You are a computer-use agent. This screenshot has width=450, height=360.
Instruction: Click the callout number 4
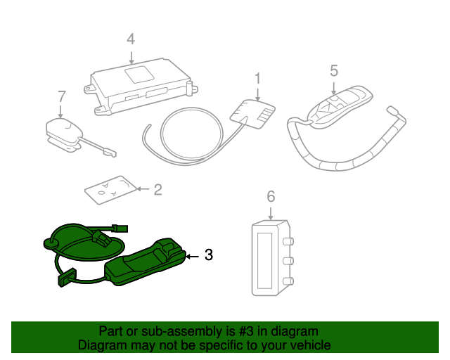131,39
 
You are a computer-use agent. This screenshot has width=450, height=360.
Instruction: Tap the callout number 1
258,78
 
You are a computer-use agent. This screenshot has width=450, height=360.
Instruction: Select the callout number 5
334,70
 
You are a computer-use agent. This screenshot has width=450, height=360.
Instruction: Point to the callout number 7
62,96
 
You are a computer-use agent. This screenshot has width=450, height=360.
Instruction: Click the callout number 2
157,190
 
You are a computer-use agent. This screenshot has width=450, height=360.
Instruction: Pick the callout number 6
271,197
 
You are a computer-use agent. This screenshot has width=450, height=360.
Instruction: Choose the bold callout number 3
209,255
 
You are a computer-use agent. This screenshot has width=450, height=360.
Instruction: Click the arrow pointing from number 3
193,257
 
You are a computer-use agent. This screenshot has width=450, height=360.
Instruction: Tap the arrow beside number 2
143,188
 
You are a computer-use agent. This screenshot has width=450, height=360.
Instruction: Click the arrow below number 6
271,213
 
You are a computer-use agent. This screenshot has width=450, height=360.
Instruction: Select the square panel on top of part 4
140,75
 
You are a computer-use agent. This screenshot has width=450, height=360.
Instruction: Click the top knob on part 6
288,241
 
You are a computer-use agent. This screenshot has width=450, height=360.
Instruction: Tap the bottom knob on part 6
288,281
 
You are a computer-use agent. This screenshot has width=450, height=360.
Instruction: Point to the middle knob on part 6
288,262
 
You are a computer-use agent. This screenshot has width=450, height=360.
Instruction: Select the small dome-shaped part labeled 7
64,134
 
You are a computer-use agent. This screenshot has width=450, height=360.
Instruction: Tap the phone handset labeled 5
340,107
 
